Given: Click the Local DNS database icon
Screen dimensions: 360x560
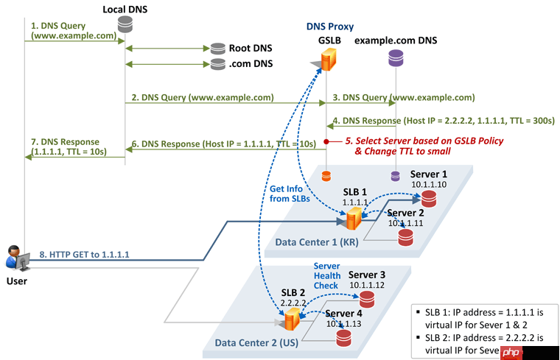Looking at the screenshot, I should [x=124, y=26].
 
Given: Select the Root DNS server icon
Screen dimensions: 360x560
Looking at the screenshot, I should [x=217, y=49].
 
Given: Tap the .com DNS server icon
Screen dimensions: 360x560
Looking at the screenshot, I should [x=217, y=64].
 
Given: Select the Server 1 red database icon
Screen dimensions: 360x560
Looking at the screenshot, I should [x=429, y=198].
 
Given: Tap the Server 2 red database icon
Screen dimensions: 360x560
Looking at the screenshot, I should [x=405, y=236].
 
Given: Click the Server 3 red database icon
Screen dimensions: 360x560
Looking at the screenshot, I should [x=367, y=299].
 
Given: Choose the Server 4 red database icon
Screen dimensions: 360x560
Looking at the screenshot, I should [x=343, y=338].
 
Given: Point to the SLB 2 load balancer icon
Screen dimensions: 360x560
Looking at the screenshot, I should [x=292, y=318].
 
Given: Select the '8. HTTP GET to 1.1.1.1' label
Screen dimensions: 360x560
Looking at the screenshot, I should [x=85, y=254].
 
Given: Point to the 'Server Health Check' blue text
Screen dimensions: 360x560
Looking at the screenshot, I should [x=326, y=275].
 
